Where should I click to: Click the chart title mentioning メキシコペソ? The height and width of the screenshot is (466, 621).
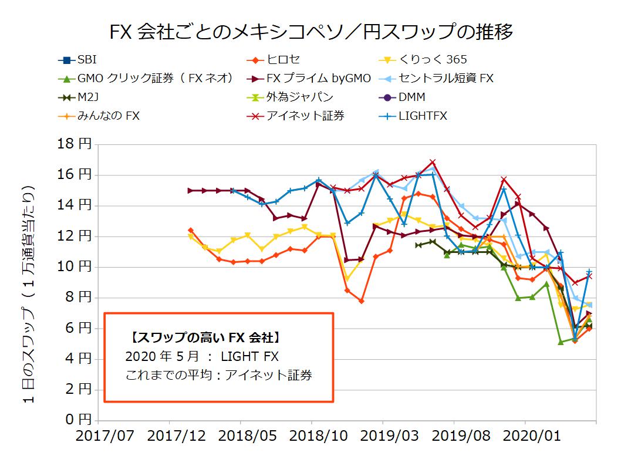pos(311,31)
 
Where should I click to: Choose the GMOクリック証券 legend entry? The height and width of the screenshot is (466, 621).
pos(147,78)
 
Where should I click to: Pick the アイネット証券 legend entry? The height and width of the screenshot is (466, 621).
pos(305,116)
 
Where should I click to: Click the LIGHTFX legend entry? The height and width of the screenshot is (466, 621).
pos(422,116)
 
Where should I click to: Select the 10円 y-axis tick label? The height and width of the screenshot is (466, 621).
pos(75,267)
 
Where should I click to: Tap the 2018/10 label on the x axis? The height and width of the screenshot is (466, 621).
pos(311,436)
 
